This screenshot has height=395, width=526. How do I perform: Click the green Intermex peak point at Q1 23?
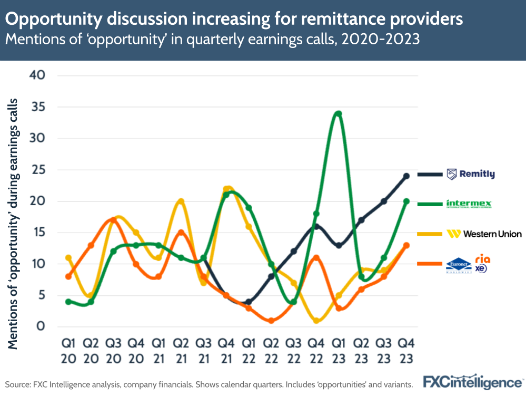point(339,114)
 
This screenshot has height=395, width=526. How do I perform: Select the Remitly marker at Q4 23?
point(406,176)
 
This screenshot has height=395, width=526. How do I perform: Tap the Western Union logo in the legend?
point(483,234)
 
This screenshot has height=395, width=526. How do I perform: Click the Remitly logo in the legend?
point(471,174)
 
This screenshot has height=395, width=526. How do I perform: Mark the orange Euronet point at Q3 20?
point(113,220)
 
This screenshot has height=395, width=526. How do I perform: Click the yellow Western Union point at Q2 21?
point(181,201)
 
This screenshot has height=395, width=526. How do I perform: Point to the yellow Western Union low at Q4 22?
point(316,320)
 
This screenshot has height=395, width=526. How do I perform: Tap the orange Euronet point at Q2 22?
point(271,320)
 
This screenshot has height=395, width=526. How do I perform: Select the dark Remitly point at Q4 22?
point(316,226)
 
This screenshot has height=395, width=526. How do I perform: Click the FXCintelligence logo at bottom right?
point(473,381)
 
